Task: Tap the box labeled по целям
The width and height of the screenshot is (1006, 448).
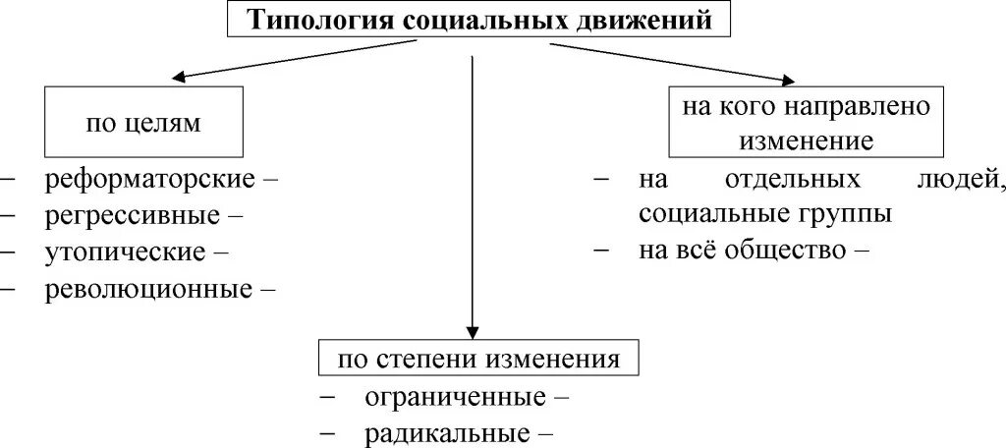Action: coord(143,123)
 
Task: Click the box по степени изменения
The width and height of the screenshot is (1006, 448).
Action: coord(478,359)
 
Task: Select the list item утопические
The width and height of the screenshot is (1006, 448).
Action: coord(125,251)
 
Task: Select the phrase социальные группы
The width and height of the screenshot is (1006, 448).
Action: coord(765,213)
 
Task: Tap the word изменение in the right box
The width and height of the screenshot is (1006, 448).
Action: coord(806,140)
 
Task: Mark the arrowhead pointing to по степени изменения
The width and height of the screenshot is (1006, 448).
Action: coord(473,332)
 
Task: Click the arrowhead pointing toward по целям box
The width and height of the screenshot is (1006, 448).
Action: coord(180,78)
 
